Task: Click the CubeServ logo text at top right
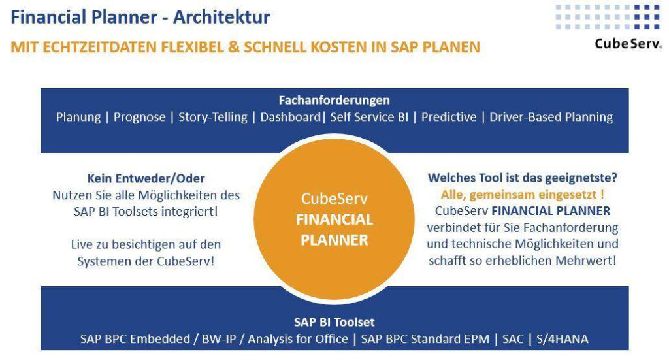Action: click(627, 44)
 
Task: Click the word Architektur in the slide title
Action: click(221, 17)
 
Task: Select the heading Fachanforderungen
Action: click(334, 100)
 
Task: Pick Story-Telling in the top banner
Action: click(213, 118)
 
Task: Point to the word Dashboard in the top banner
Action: click(290, 118)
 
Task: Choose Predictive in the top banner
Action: click(448, 118)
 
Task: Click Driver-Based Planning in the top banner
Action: click(551, 118)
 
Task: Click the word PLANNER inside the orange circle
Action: click(334, 240)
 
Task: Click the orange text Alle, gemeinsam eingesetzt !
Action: click(522, 195)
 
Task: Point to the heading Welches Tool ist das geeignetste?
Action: click(523, 177)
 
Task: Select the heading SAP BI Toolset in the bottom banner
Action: click(334, 322)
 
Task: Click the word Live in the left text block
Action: click(82, 244)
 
